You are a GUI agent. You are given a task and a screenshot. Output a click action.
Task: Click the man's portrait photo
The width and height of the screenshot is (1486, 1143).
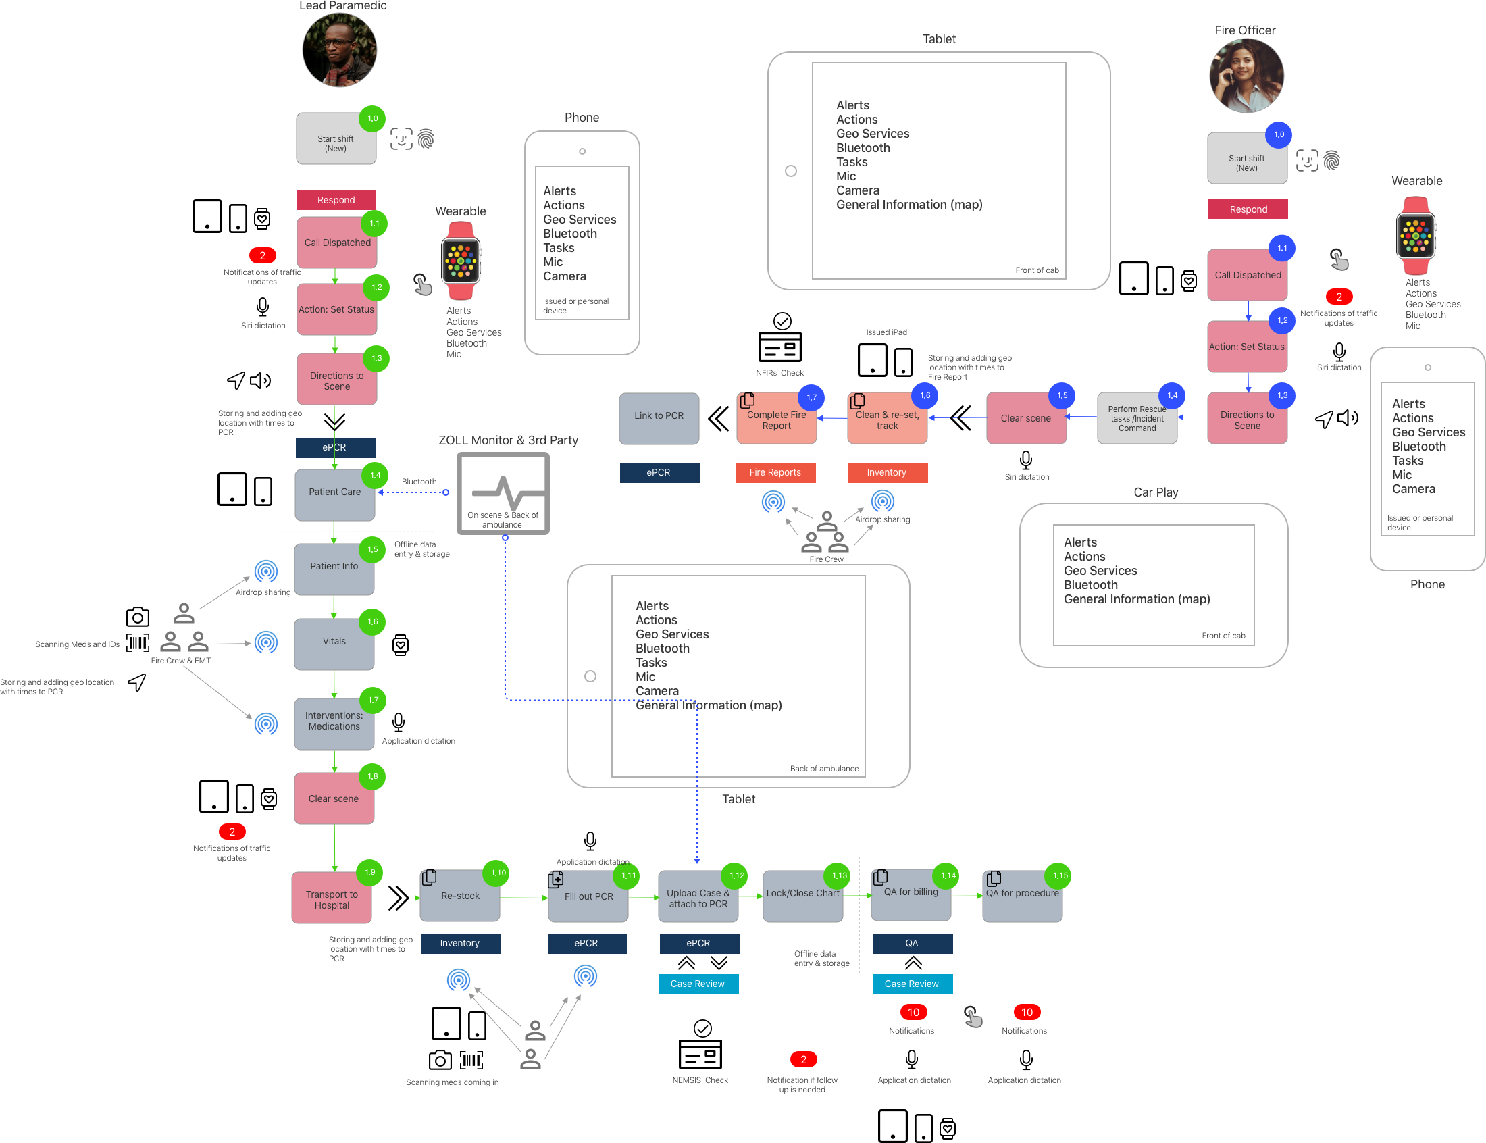339,50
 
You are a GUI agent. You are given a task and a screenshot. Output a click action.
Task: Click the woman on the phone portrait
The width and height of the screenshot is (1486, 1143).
1247,76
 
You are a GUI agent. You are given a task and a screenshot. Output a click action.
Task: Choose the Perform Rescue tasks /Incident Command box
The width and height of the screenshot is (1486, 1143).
1136,418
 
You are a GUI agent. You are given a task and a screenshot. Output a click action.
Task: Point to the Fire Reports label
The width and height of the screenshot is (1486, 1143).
775,472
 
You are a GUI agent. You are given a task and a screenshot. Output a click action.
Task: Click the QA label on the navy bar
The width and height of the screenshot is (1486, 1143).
911,943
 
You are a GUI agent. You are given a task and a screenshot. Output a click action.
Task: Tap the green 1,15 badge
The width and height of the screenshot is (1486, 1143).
1060,875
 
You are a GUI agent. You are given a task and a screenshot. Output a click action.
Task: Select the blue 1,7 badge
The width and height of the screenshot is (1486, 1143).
811,397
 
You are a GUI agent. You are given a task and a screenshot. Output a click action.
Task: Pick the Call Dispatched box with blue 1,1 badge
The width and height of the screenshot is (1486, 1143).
1248,275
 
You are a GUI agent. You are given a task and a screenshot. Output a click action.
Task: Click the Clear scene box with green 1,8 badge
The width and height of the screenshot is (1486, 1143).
333,798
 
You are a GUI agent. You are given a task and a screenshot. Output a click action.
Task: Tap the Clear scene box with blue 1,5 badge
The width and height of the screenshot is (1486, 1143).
1025,418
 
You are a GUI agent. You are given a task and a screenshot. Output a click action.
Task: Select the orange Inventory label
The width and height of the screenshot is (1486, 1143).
886,472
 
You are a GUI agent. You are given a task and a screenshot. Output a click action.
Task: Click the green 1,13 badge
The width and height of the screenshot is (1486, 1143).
840,875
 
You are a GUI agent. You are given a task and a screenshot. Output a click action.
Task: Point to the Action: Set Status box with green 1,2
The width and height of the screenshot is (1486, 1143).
336,309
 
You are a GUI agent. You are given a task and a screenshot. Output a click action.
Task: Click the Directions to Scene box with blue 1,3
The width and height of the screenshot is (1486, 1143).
1247,420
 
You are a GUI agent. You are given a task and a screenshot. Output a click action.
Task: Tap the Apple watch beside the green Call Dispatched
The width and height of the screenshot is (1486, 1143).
461,261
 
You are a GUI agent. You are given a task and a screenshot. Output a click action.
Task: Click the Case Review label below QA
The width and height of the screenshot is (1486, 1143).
911,984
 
